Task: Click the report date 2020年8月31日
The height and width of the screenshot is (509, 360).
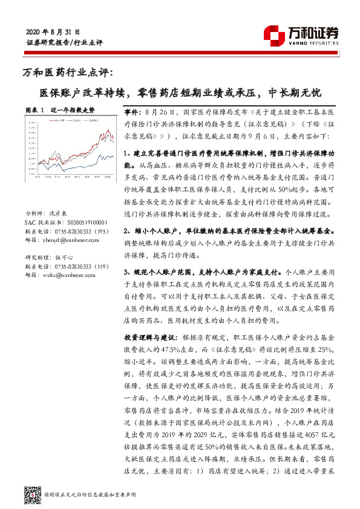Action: point(53,31)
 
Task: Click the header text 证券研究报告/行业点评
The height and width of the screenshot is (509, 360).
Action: point(64,44)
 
